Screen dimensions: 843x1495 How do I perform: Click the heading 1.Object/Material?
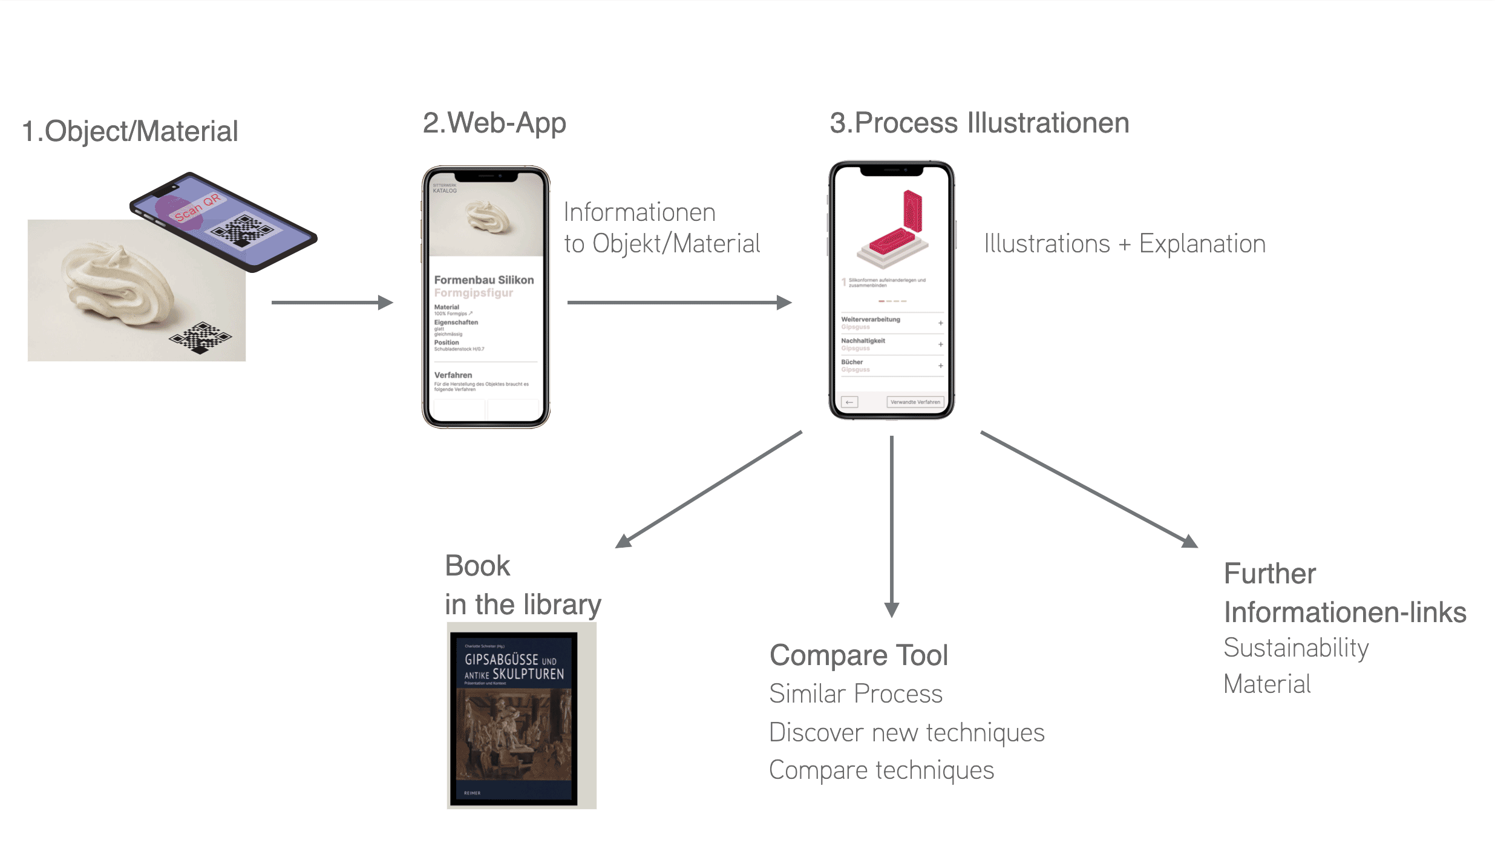click(x=130, y=131)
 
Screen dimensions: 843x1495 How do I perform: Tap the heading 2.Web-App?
click(x=494, y=123)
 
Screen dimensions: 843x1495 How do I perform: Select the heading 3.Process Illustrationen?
click(x=979, y=123)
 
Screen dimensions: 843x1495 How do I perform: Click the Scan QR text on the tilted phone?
click(x=197, y=208)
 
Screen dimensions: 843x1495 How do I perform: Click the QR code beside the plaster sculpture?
click(x=200, y=337)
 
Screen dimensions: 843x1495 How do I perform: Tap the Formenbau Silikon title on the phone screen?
click(x=484, y=280)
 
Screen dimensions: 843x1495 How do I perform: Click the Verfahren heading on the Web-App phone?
click(x=453, y=375)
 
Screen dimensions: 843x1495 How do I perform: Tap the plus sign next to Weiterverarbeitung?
click(x=940, y=323)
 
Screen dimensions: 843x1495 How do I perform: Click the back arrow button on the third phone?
click(x=849, y=402)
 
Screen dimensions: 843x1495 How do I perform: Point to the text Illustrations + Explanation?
click(x=1124, y=244)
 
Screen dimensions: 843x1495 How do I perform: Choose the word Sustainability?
click(x=1296, y=648)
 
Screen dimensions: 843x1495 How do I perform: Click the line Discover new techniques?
click(x=906, y=733)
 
